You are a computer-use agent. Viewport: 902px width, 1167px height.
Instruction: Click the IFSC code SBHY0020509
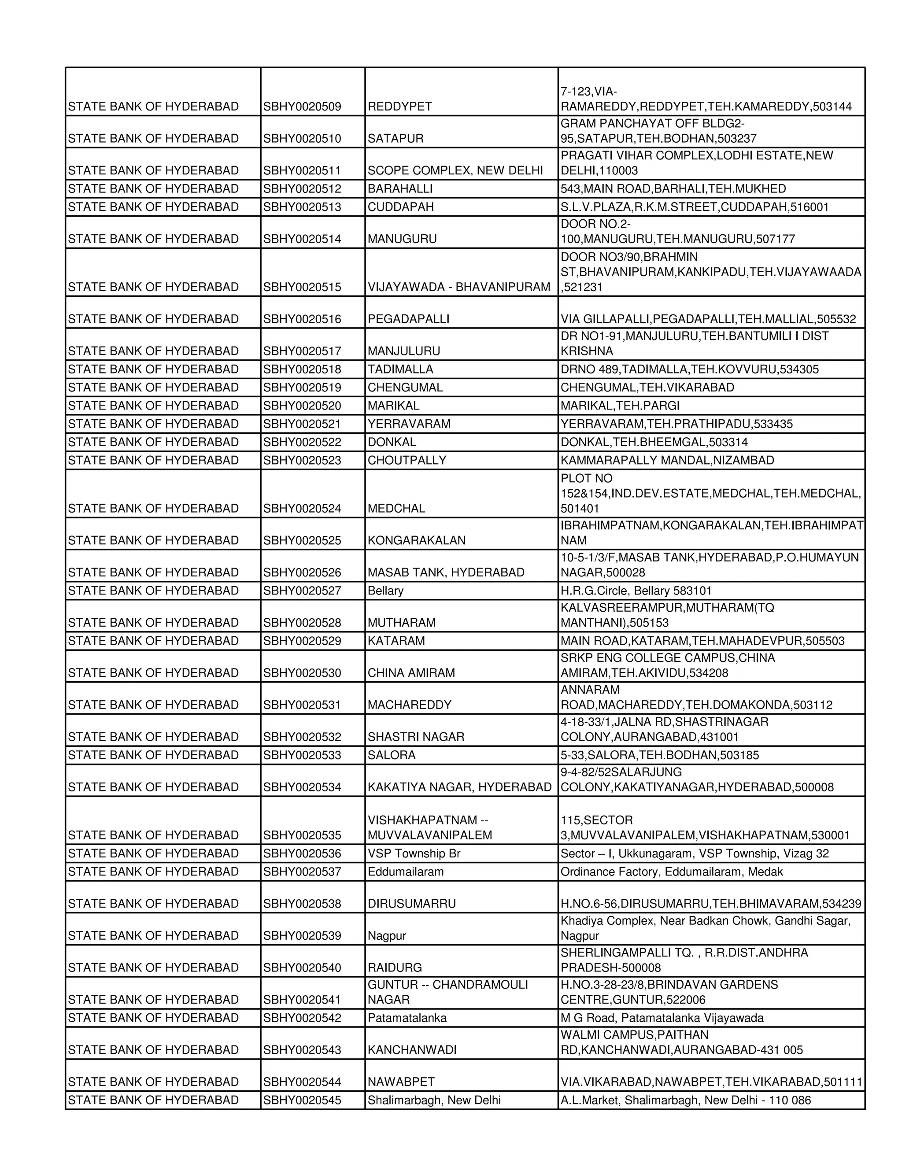302,106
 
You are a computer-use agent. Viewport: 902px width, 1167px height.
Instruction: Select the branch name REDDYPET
400,106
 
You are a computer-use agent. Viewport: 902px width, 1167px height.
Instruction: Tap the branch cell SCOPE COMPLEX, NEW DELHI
455,170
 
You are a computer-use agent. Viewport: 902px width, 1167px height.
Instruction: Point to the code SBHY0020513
302,207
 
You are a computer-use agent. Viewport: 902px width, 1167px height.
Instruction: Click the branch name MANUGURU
402,239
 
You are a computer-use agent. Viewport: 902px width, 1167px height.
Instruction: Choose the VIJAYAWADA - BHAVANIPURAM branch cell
459,287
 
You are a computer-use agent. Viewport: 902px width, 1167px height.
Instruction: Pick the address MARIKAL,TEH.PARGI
620,406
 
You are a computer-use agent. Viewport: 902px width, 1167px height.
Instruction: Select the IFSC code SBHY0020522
302,442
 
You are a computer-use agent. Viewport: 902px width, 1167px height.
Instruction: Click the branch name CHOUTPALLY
407,460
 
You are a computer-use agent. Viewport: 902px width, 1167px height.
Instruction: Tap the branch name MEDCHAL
396,508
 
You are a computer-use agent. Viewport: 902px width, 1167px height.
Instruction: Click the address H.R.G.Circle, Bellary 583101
636,591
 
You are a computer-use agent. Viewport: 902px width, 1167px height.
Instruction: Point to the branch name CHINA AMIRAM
411,673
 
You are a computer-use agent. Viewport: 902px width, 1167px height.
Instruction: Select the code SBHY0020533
302,755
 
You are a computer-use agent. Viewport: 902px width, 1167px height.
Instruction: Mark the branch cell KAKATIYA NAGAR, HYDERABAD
459,787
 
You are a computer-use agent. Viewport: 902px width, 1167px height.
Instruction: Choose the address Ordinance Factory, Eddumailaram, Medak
671,872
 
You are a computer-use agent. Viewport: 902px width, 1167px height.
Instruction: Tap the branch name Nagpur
387,936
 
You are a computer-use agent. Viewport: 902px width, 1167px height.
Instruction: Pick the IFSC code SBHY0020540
302,968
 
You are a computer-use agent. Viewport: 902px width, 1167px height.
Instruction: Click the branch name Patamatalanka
407,1018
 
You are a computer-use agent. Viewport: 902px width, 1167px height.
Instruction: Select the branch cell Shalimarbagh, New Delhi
434,1100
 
